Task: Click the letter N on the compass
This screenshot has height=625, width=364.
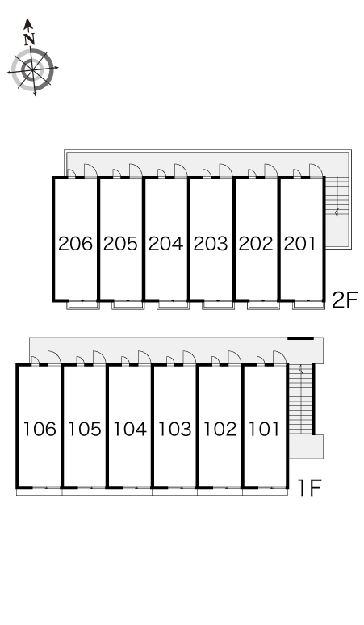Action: click(29, 39)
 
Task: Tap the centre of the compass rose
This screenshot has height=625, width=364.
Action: click(32, 69)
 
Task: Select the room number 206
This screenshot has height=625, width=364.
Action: click(75, 244)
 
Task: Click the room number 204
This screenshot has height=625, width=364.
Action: click(165, 244)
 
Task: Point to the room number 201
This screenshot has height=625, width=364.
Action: click(300, 244)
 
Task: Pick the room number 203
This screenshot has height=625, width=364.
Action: click(211, 244)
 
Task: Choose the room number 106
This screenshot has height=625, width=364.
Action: click(40, 429)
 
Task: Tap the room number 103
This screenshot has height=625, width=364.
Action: click(175, 429)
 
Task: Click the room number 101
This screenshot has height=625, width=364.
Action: click(264, 429)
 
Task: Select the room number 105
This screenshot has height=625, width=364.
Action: click(85, 429)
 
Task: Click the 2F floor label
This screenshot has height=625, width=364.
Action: click(345, 300)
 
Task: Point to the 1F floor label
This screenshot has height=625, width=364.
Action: click(309, 487)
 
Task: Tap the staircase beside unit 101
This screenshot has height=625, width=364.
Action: click(300, 400)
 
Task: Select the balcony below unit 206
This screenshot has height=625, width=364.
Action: click(82, 305)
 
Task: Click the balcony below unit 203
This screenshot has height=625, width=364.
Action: click(218, 305)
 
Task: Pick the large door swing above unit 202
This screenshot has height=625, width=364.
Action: click(272, 170)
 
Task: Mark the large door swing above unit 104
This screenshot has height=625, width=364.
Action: click(145, 357)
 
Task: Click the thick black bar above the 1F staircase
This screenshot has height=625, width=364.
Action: click(301, 338)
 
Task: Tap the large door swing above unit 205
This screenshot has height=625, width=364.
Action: click(136, 170)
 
